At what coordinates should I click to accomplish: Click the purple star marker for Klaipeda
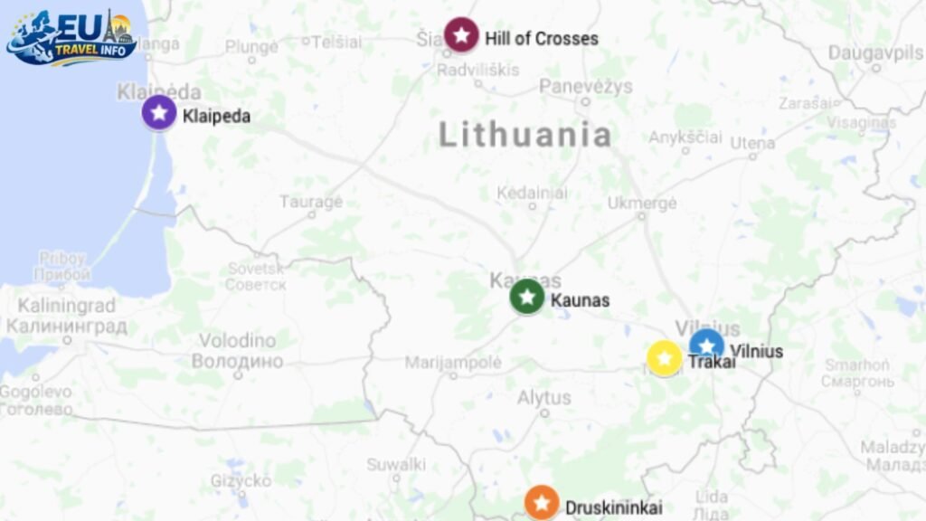point(159,113)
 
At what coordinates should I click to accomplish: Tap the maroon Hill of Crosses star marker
point(461,35)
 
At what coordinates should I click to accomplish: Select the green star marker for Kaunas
point(527,297)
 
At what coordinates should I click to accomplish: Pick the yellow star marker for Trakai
point(665,358)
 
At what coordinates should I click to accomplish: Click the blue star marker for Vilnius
point(706,346)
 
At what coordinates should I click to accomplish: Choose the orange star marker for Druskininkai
point(542,503)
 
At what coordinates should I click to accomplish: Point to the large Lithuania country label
point(525,135)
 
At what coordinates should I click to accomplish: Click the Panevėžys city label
point(586,87)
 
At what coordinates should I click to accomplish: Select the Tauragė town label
point(311,201)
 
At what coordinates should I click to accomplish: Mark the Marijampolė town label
point(453,362)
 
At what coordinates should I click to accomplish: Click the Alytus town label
point(544,397)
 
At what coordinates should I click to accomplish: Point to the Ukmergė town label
point(642,204)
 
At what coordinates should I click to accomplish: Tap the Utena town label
point(752,143)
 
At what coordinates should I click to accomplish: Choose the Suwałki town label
point(396,464)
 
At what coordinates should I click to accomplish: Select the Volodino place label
point(237,341)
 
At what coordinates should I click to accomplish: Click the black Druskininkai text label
point(613,507)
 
